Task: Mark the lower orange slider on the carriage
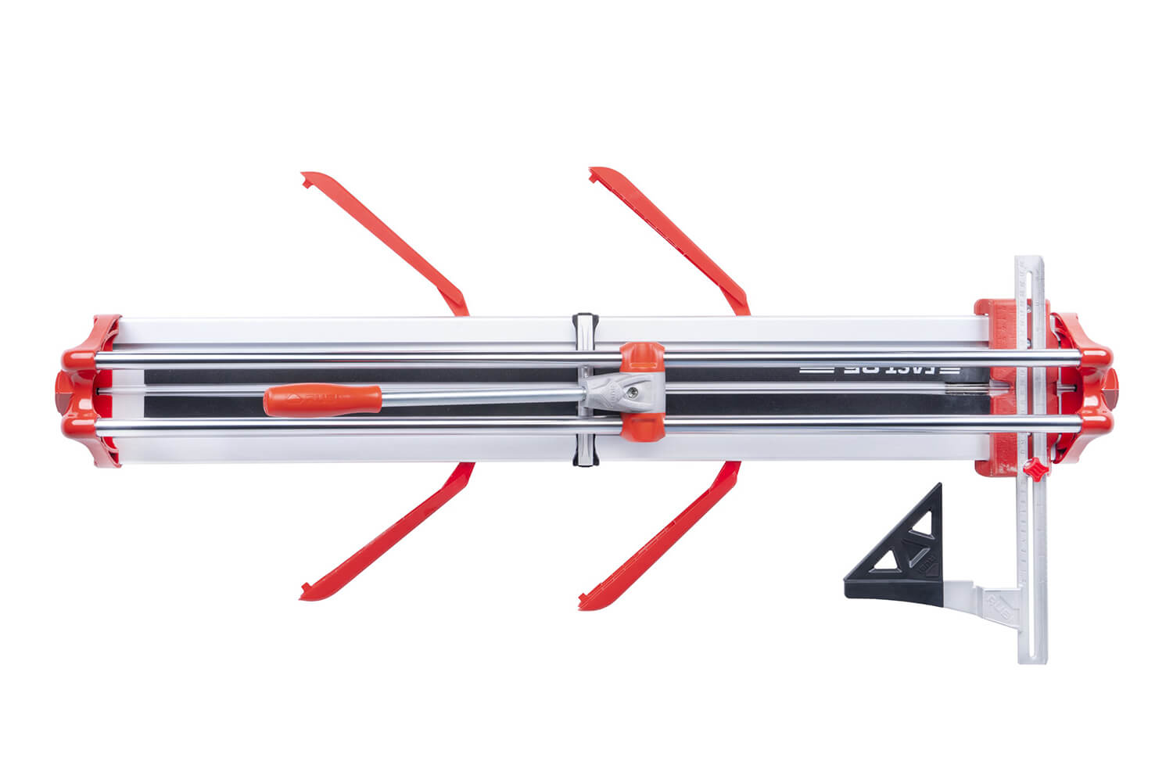[x=643, y=429]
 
